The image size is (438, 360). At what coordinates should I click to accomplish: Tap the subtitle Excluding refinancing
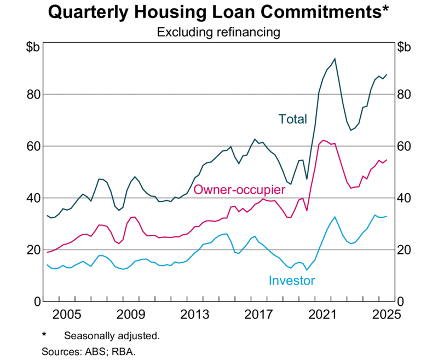(218, 32)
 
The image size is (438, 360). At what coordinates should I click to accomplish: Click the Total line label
(293, 119)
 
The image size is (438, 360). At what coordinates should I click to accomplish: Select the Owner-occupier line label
(240, 190)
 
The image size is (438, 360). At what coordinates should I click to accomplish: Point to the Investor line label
(292, 281)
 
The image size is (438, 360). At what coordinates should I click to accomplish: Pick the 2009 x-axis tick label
(130, 315)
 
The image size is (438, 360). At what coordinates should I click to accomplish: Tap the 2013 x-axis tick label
(194, 315)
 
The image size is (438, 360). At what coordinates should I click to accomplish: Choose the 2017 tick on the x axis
(259, 315)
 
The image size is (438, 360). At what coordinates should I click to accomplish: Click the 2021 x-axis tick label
(324, 315)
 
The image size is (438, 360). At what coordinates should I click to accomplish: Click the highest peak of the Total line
(335, 59)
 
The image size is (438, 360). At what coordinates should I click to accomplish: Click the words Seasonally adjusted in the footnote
(112, 335)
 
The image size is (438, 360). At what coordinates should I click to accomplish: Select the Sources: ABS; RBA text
(88, 351)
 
